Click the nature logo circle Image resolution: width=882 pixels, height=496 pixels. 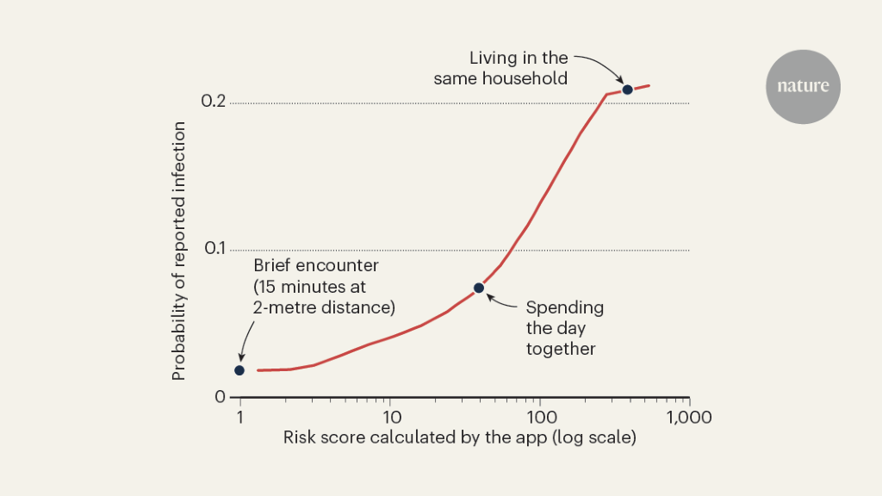pyautogui.click(x=803, y=86)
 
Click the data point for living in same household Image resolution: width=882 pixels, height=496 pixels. pyautogui.click(x=628, y=90)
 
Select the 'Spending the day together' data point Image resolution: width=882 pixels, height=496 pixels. pyautogui.click(x=479, y=288)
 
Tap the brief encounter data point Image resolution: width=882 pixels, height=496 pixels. pyautogui.click(x=239, y=370)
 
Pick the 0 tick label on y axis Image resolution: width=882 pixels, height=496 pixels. pyautogui.click(x=220, y=397)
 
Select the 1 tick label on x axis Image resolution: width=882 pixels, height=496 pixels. pyautogui.click(x=240, y=418)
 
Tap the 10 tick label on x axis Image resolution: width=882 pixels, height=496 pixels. pyautogui.click(x=389, y=418)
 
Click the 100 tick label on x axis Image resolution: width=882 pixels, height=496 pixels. pyautogui.click(x=539, y=418)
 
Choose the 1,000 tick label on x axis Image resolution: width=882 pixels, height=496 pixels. pyautogui.click(x=689, y=418)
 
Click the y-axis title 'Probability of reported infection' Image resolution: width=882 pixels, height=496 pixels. pyautogui.click(x=179, y=251)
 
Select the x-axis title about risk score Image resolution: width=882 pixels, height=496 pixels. pyautogui.click(x=459, y=438)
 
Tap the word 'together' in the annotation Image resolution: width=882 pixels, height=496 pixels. pyautogui.click(x=561, y=349)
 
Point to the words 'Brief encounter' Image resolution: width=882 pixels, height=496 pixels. pyautogui.click(x=316, y=264)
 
